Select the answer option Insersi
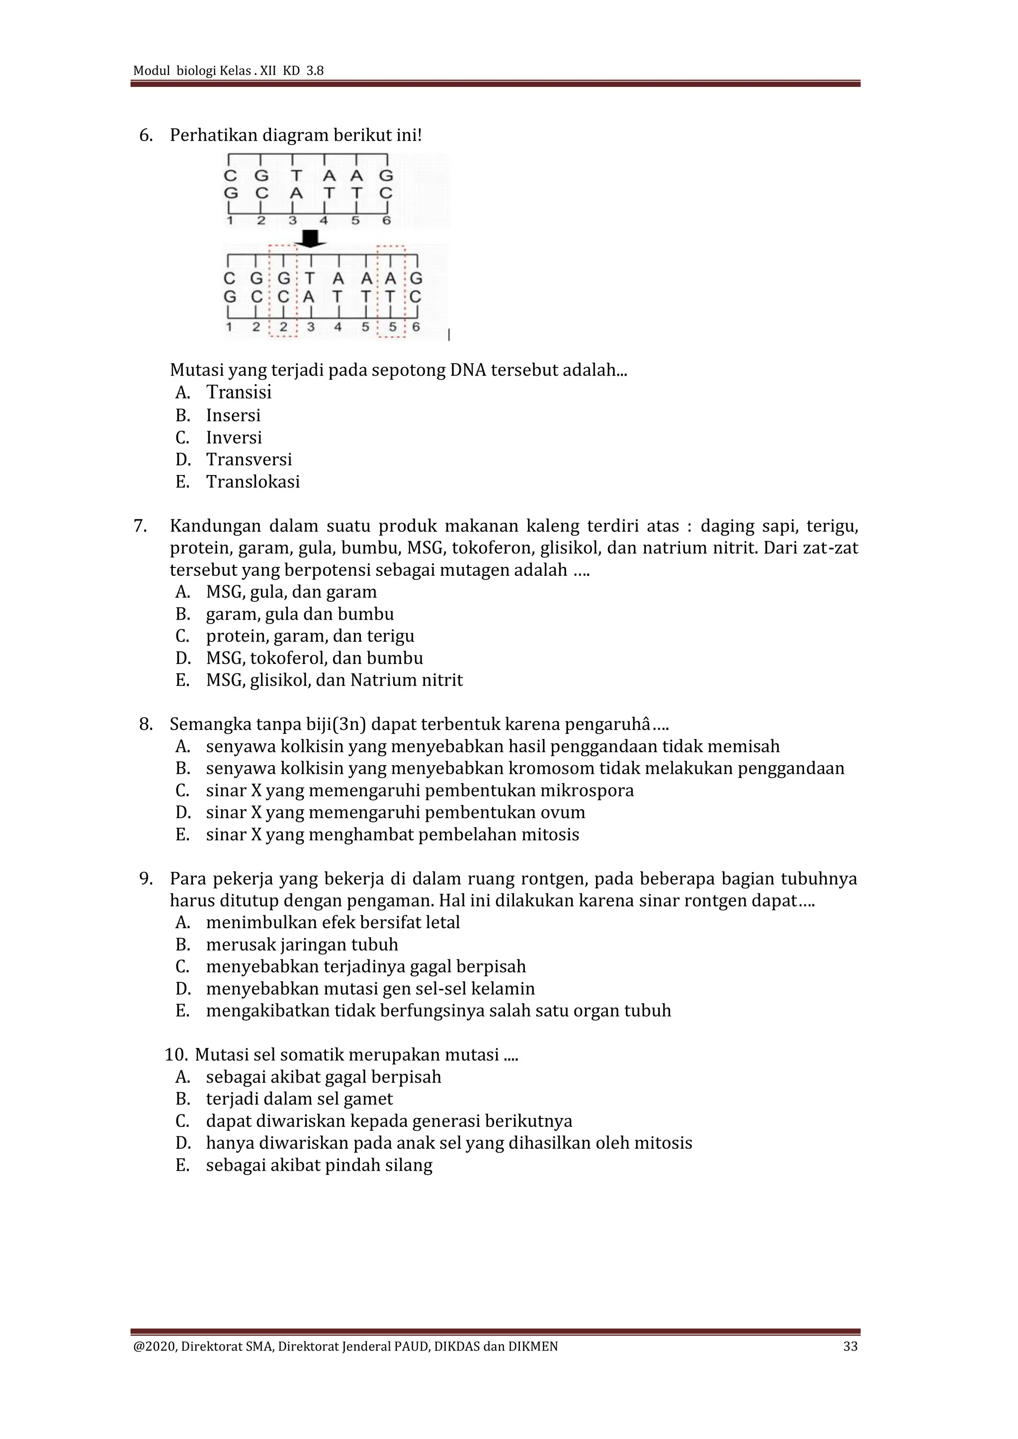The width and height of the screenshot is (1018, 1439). click(233, 415)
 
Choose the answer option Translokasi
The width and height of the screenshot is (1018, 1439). click(253, 482)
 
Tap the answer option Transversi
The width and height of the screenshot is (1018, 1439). click(249, 460)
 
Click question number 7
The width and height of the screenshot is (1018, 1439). click(140, 526)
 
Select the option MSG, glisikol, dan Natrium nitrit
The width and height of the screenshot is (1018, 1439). click(334, 681)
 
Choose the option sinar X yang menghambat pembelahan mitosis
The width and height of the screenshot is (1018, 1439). click(392, 835)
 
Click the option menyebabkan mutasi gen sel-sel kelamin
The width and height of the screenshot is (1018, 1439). click(370, 989)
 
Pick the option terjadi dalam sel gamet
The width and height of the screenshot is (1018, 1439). click(299, 1099)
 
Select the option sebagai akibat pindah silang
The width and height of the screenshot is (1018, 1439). click(319, 1165)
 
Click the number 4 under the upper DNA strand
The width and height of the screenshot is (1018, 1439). click(324, 221)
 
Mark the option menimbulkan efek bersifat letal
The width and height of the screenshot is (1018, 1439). click(333, 923)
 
